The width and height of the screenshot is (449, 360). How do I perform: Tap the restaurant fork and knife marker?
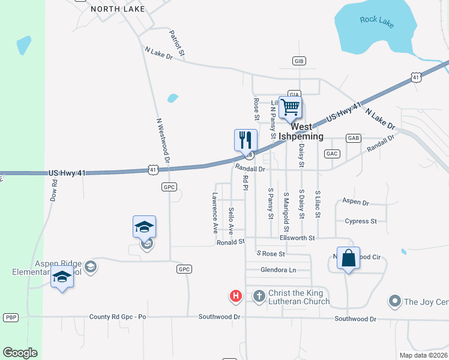pyautogui.click(x=246, y=140)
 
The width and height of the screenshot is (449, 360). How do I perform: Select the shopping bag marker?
pyautogui.click(x=348, y=259)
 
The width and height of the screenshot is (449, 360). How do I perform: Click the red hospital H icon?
pyautogui.click(x=236, y=296)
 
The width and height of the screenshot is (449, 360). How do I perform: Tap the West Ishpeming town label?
pyautogui.click(x=307, y=132)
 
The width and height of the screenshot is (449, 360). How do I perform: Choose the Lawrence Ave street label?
pyautogui.click(x=215, y=213)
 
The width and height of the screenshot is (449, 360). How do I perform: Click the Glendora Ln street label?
pyautogui.click(x=278, y=270)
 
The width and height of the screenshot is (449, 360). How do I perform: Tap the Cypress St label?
pyautogui.click(x=361, y=221)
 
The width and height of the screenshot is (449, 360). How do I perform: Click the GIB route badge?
pyautogui.click(x=300, y=61)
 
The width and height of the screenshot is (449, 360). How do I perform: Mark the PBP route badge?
pyautogui.click(x=11, y=317)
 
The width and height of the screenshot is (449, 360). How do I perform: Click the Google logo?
pyautogui.click(x=20, y=353)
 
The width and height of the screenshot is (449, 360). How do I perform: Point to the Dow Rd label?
pyautogui.click(x=53, y=188)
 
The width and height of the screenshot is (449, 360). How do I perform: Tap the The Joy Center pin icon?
pyautogui.click(x=394, y=300)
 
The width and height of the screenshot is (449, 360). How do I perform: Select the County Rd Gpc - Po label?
pyautogui.click(x=118, y=316)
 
